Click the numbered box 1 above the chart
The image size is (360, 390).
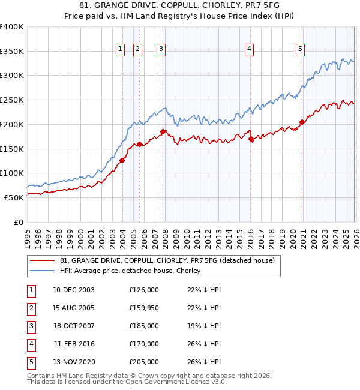pyautogui.click(x=121, y=49)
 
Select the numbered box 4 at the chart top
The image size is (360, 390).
pyautogui.click(x=249, y=49)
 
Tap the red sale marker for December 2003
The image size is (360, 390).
pyautogui.click(x=122, y=160)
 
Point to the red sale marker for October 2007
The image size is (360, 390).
pyautogui.click(x=163, y=131)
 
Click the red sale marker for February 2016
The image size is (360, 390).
pyautogui.click(x=251, y=139)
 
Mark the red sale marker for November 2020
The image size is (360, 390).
pyautogui.click(x=302, y=122)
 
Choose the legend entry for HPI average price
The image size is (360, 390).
pyautogui.click(x=130, y=271)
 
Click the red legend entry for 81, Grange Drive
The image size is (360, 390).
pyautogui.click(x=167, y=260)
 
